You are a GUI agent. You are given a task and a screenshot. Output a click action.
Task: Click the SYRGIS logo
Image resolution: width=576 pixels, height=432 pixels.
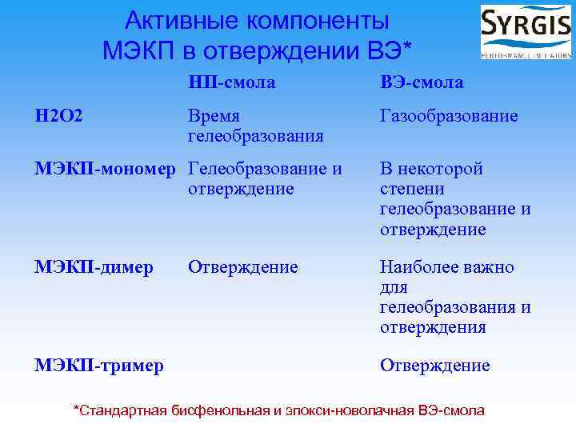pyautogui.click(x=525, y=32)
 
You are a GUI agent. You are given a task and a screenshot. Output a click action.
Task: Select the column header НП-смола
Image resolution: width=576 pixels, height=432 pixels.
pyautogui.click(x=231, y=82)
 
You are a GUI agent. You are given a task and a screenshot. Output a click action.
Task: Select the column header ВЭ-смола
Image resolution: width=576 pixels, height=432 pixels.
pyautogui.click(x=422, y=82)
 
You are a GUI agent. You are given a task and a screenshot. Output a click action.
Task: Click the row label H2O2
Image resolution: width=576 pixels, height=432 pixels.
pyautogui.click(x=58, y=116)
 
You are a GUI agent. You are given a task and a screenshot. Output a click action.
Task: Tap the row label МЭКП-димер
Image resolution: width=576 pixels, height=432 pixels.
pyautogui.click(x=94, y=267)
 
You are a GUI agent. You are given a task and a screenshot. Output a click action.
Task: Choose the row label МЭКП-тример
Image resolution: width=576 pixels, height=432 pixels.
pyautogui.click(x=99, y=366)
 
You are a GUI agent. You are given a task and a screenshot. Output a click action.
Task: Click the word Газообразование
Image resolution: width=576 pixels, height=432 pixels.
pyautogui.click(x=448, y=116)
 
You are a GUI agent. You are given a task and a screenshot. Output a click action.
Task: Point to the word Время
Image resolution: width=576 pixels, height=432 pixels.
pyautogui.click(x=214, y=116)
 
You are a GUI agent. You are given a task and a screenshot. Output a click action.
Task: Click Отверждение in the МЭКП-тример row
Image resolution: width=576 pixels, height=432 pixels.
pyautogui.click(x=434, y=366)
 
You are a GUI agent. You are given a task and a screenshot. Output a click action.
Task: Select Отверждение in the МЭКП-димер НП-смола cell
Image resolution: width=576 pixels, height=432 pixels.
pyautogui.click(x=242, y=267)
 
